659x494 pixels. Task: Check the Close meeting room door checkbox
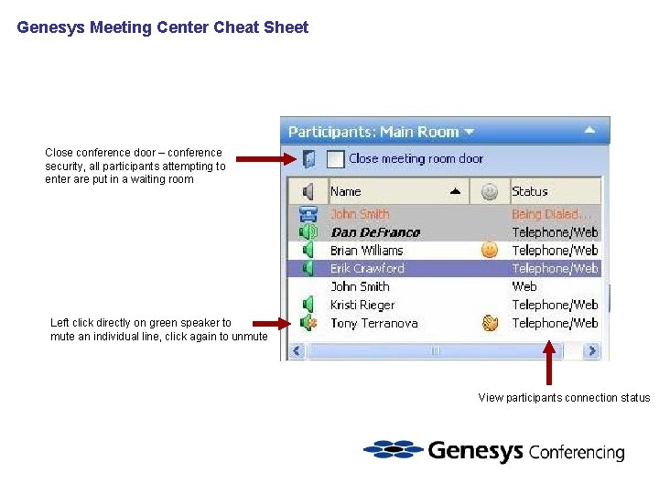(x=335, y=159)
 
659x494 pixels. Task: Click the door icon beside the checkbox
(x=309, y=159)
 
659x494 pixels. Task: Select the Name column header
(x=346, y=191)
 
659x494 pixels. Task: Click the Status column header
(x=529, y=191)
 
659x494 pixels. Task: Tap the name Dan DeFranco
(x=374, y=232)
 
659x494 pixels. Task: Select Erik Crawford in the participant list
(x=367, y=268)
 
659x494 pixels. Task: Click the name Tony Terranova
(x=373, y=323)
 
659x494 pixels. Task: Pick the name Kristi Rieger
(x=362, y=305)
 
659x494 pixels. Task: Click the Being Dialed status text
(x=546, y=214)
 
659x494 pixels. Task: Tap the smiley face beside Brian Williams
(x=490, y=249)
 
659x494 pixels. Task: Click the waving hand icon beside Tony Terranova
(x=490, y=322)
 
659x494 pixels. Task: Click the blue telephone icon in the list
(x=308, y=214)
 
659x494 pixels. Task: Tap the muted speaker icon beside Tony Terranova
(x=308, y=323)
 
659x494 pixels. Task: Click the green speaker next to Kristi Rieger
(x=308, y=305)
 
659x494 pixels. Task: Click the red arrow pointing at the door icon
(x=265, y=160)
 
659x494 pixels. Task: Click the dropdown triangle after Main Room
(x=470, y=132)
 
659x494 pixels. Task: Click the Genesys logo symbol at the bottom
(x=393, y=450)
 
